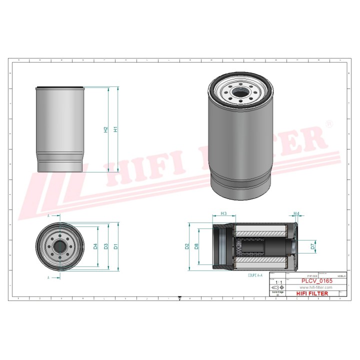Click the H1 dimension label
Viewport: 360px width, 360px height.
(x=116, y=129)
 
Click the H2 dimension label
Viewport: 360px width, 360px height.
(x=106, y=129)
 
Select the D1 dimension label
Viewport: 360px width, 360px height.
(x=116, y=246)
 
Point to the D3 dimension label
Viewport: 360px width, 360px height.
(x=106, y=246)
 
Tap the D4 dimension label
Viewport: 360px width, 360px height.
(x=95, y=246)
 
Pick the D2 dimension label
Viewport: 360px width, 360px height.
(x=187, y=246)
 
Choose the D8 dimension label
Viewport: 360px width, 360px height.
(x=197, y=246)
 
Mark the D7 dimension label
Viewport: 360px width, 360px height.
(x=313, y=246)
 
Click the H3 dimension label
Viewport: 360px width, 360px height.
(x=223, y=214)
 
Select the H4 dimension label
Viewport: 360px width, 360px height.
(x=296, y=214)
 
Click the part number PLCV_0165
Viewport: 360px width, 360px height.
(x=316, y=281)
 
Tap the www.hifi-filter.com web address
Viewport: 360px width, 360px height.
(x=316, y=287)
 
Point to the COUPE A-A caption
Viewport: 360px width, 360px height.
(x=257, y=275)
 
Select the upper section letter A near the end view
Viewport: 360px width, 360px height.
(x=48, y=216)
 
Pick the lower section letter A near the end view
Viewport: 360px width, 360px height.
(x=48, y=276)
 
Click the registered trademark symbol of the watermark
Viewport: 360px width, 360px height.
(x=328, y=123)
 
